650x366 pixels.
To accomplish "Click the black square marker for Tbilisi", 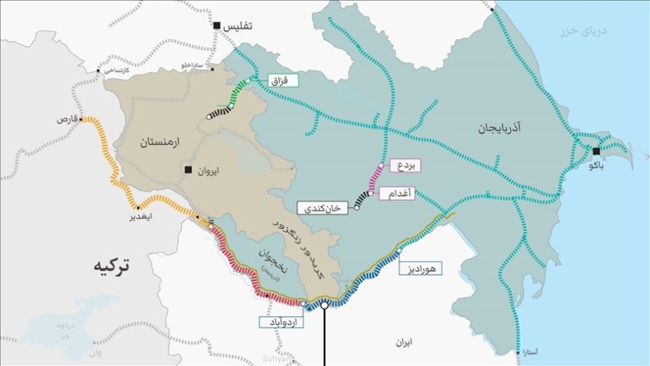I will tap(217, 26).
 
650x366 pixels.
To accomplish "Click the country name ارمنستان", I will tap(160, 143).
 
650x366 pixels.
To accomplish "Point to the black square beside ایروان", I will tap(188, 170).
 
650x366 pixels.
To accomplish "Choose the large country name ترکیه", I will tap(112, 266).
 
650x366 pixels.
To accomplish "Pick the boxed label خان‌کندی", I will tap(327, 208).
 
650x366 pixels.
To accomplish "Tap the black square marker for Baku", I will tap(596, 151).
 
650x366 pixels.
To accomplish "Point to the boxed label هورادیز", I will tap(419, 268).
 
